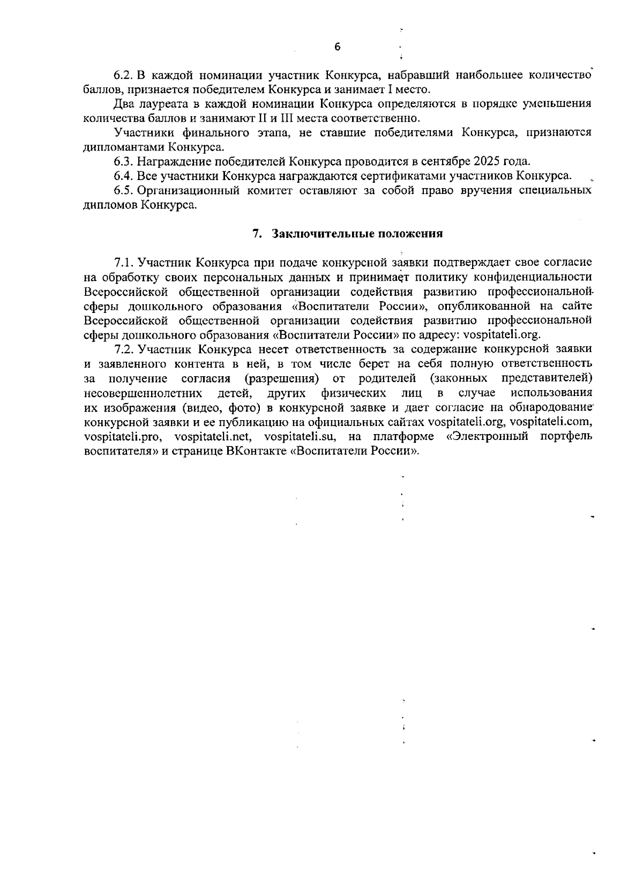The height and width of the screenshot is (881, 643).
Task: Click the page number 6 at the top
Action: click(337, 47)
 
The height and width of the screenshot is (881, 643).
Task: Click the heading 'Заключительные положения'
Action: click(357, 234)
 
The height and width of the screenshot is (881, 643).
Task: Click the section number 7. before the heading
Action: click(257, 234)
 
